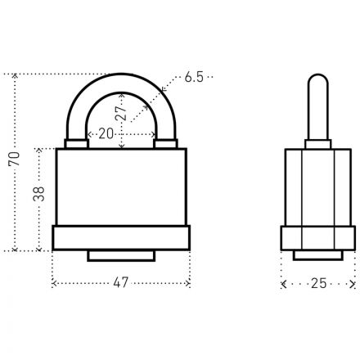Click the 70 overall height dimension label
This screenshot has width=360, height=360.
[14, 159]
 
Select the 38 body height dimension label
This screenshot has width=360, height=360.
[38, 194]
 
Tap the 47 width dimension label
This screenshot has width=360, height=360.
[121, 282]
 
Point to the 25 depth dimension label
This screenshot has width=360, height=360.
[319, 283]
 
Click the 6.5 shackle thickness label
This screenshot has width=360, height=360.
[194, 77]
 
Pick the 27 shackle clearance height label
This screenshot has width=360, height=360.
[121, 113]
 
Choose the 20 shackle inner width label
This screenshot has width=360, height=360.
[106, 133]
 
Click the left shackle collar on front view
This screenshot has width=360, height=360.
[77, 143]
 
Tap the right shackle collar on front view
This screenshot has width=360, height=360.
[165, 143]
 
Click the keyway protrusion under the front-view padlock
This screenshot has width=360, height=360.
[121, 256]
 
